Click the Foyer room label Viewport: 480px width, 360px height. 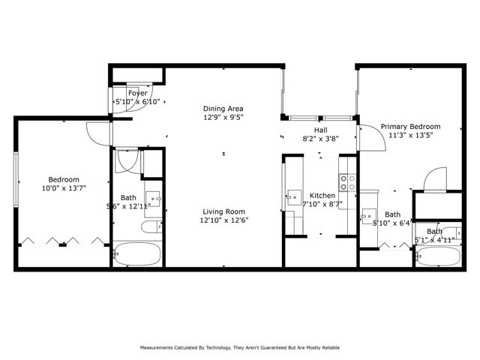137,93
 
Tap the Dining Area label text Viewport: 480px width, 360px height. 223,108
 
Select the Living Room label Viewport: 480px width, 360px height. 223,211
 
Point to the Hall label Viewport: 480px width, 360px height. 319,130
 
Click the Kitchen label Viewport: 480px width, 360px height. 322,194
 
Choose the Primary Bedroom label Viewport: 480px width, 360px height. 410,127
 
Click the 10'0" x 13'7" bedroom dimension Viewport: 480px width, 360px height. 64,188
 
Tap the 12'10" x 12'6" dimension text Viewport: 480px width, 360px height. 223,220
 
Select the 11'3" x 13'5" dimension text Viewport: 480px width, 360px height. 410,136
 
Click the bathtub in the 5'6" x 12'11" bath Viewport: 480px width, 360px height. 137,253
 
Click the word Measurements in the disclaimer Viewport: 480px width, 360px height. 159,348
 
